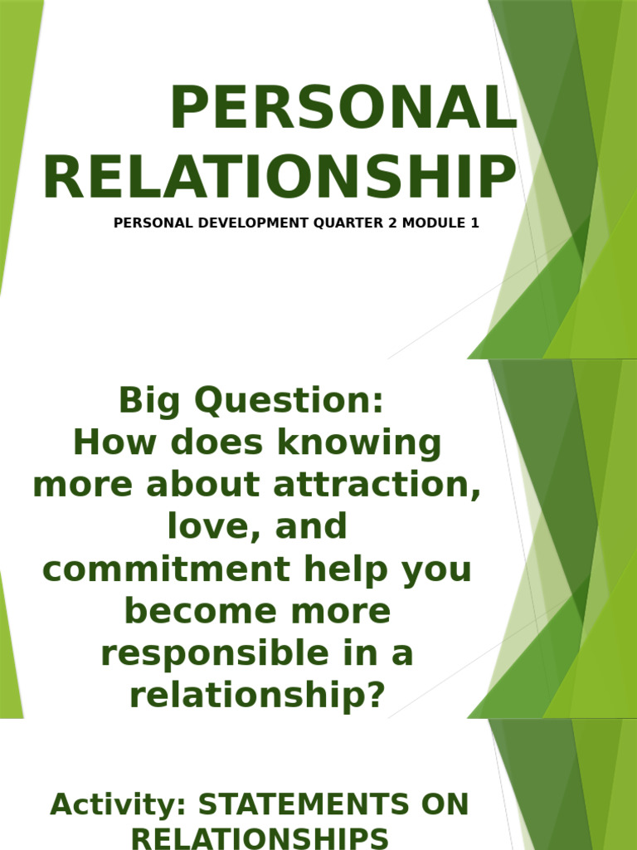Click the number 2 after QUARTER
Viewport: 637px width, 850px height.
coord(381,223)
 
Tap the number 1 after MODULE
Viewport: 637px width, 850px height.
coord(474,223)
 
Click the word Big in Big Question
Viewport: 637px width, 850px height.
coord(148,401)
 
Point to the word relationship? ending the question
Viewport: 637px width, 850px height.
coord(258,696)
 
